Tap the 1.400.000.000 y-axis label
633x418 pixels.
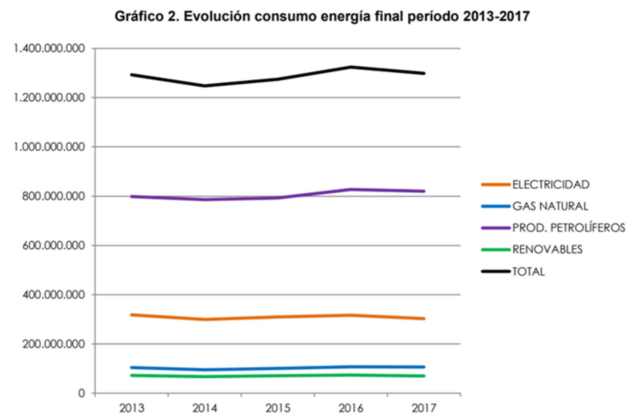49,48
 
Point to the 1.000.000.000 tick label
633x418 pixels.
49,147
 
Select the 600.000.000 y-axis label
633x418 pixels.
53,246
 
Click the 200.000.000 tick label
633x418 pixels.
53,344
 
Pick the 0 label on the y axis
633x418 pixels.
82,393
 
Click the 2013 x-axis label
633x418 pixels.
132,408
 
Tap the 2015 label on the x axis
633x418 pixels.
278,408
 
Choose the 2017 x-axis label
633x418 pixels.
424,408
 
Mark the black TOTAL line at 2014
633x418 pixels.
205,86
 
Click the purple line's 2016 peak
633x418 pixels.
351,190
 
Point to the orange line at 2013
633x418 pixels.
132,315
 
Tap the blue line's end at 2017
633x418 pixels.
424,367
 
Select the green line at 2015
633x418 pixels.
278,376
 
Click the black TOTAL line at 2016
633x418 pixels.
351,67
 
